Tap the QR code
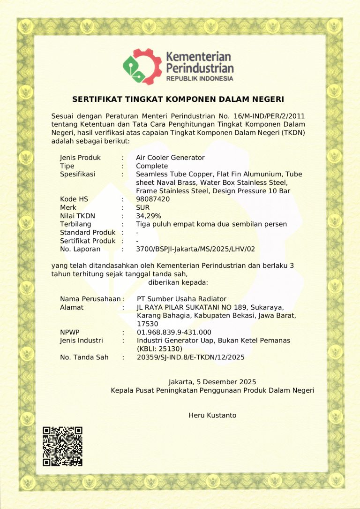pos(62,446)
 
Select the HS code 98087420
pos(153,199)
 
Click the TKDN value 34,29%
pos(149,216)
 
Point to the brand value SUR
pos(142,207)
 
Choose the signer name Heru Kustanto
pos(212,415)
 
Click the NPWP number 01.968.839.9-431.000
pos(174,333)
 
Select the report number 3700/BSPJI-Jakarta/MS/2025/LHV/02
pos(195,249)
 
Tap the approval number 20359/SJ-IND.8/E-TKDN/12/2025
pos(190,357)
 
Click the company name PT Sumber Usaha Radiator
pos(181,299)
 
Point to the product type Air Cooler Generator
pos(170,158)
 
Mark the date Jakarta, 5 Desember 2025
pos(212,382)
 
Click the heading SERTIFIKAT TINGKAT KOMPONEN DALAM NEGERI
pos(178,99)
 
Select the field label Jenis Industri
pos(82,341)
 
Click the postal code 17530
pos(147,324)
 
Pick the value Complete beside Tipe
pos(152,166)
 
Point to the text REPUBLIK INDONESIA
pos(200,78)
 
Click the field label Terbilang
pos(75,224)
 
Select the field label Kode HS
pos(74,199)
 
